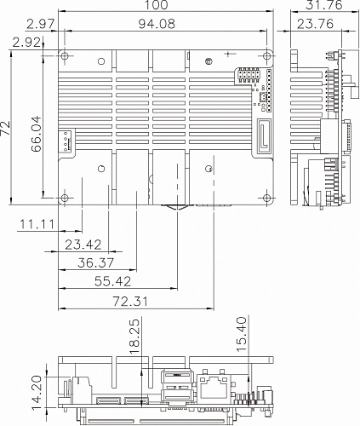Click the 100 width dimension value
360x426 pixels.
pyautogui.click(x=157, y=5)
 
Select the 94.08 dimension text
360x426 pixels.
pyautogui.click(x=157, y=24)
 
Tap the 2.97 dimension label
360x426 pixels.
pyautogui.click(x=40, y=24)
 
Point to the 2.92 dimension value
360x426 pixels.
pyautogui.click(x=26, y=43)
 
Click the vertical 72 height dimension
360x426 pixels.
pyautogui.click(x=5, y=128)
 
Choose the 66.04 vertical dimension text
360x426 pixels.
pyautogui.click(x=37, y=134)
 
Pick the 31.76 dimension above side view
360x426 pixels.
pyautogui.click(x=324, y=5)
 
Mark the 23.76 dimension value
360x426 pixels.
pyautogui.click(x=315, y=24)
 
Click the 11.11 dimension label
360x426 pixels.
pyautogui.click(x=37, y=224)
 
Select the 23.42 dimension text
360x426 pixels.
pyautogui.click(x=83, y=245)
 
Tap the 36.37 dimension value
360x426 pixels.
pyautogui.click(x=96, y=262)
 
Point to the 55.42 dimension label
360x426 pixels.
pyautogui.click(x=112, y=281)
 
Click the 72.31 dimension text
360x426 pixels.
pyautogui.click(x=130, y=302)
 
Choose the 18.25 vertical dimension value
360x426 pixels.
pyautogui.click(x=134, y=337)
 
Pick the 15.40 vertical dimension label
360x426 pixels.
pyautogui.click(x=241, y=334)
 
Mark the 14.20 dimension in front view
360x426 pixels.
pyautogui.click(x=37, y=393)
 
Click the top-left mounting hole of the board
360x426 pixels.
pyautogui.click(x=65, y=55)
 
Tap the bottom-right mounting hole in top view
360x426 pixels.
pyautogui.click(x=267, y=198)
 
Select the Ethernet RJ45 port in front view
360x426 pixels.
pyautogui.click(x=214, y=386)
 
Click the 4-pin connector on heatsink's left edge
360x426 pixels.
pyautogui.click(x=66, y=141)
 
